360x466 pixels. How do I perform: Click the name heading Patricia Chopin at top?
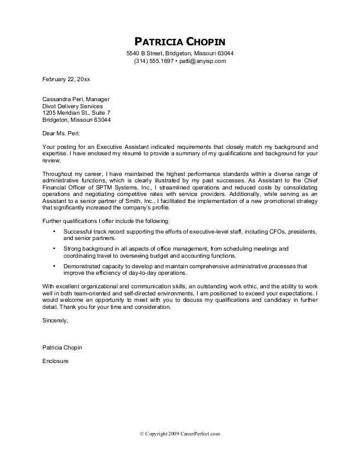[x=180, y=41]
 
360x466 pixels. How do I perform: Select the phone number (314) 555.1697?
[x=154, y=61]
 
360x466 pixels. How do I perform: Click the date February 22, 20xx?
[x=66, y=79]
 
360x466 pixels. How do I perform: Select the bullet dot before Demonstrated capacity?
[x=54, y=266]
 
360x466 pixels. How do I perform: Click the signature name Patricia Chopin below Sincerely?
[x=62, y=348]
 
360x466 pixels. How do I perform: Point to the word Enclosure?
[x=56, y=361]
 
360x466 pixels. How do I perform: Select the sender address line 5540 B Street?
[x=180, y=54]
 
